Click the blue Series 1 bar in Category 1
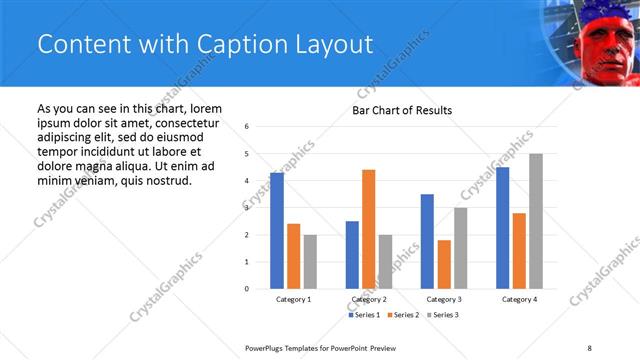tap(277, 231)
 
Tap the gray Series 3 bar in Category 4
tap(536, 221)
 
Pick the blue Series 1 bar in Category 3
tap(427, 241)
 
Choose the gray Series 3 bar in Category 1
tap(310, 262)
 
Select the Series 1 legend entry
tap(365, 315)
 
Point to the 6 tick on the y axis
tap(247, 127)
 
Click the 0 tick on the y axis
tap(247, 289)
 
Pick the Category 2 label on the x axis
tap(369, 299)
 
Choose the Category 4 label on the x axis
tap(519, 299)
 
